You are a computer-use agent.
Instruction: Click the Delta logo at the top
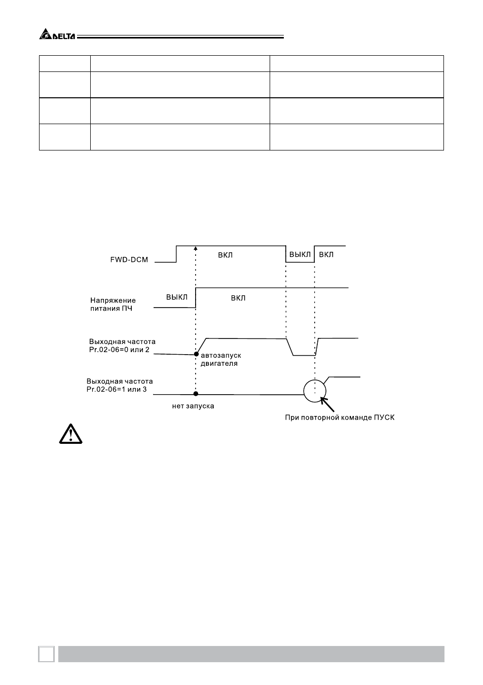[x=57, y=34]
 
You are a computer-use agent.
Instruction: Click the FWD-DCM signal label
[x=129, y=259]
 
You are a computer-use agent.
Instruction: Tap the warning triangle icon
[x=70, y=434]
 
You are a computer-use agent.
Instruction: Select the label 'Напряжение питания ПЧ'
[x=113, y=305]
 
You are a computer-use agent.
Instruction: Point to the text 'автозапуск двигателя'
[x=221, y=359]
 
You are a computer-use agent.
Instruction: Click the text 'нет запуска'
[x=193, y=406]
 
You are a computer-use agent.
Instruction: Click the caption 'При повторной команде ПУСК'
[x=340, y=417]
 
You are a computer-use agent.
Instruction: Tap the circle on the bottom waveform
[x=315, y=380]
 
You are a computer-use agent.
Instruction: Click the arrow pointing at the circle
[x=327, y=404]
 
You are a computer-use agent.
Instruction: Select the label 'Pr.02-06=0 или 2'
[x=119, y=350]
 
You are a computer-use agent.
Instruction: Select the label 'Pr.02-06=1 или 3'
[x=117, y=389]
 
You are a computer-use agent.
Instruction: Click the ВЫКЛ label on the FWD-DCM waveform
[x=300, y=254]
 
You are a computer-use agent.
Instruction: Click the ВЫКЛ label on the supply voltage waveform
[x=177, y=297]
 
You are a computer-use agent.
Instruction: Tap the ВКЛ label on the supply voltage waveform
[x=238, y=298]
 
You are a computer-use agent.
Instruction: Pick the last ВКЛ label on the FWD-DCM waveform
[x=326, y=254]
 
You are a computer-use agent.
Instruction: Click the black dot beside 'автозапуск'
[x=196, y=354]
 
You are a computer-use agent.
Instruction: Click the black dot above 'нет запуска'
[x=196, y=394]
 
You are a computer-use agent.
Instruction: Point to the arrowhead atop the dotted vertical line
[x=196, y=248]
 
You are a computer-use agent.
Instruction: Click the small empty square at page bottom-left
[x=46, y=654]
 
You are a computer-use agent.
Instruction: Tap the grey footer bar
[x=251, y=654]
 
